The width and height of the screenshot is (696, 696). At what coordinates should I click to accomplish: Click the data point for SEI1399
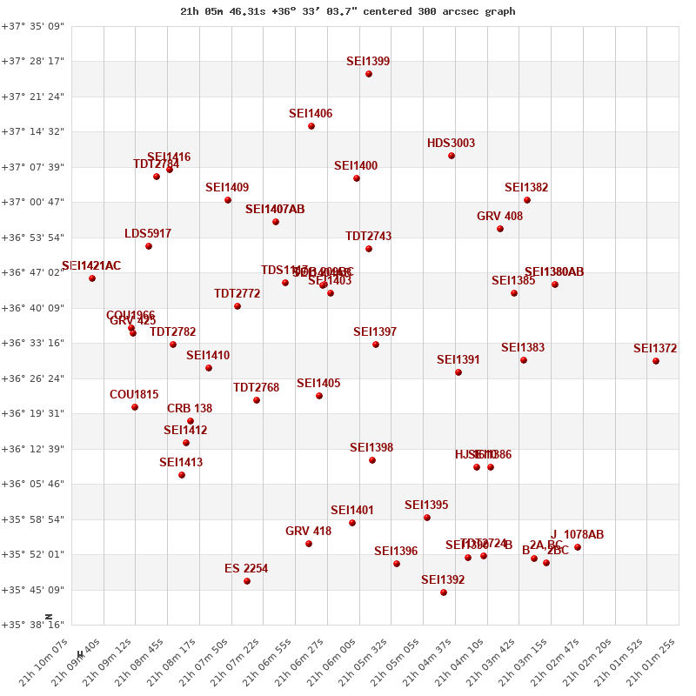369,74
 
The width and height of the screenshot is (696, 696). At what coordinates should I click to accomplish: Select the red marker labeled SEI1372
656,361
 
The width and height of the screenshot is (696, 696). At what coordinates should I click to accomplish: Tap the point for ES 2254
247,581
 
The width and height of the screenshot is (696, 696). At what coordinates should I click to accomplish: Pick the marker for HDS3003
452,156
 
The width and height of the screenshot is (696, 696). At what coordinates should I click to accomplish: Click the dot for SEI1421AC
92,278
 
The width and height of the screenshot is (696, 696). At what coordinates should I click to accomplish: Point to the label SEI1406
311,114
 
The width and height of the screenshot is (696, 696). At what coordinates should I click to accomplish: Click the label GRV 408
499,217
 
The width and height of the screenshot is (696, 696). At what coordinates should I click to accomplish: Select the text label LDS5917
148,234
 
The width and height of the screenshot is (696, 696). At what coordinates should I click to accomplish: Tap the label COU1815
134,395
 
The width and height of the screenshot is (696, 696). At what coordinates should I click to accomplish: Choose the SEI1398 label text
371,448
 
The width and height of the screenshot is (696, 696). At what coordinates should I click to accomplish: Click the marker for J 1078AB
578,547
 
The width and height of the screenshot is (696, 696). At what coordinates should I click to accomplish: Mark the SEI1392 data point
444,592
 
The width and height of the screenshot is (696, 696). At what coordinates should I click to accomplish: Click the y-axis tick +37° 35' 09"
32,27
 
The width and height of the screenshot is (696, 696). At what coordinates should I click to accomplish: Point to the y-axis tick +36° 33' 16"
32,343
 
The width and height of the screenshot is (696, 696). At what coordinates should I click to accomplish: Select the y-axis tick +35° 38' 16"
32,625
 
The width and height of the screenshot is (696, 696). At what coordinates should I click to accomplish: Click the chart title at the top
347,11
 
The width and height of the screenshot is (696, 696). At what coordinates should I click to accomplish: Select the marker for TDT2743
369,249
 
